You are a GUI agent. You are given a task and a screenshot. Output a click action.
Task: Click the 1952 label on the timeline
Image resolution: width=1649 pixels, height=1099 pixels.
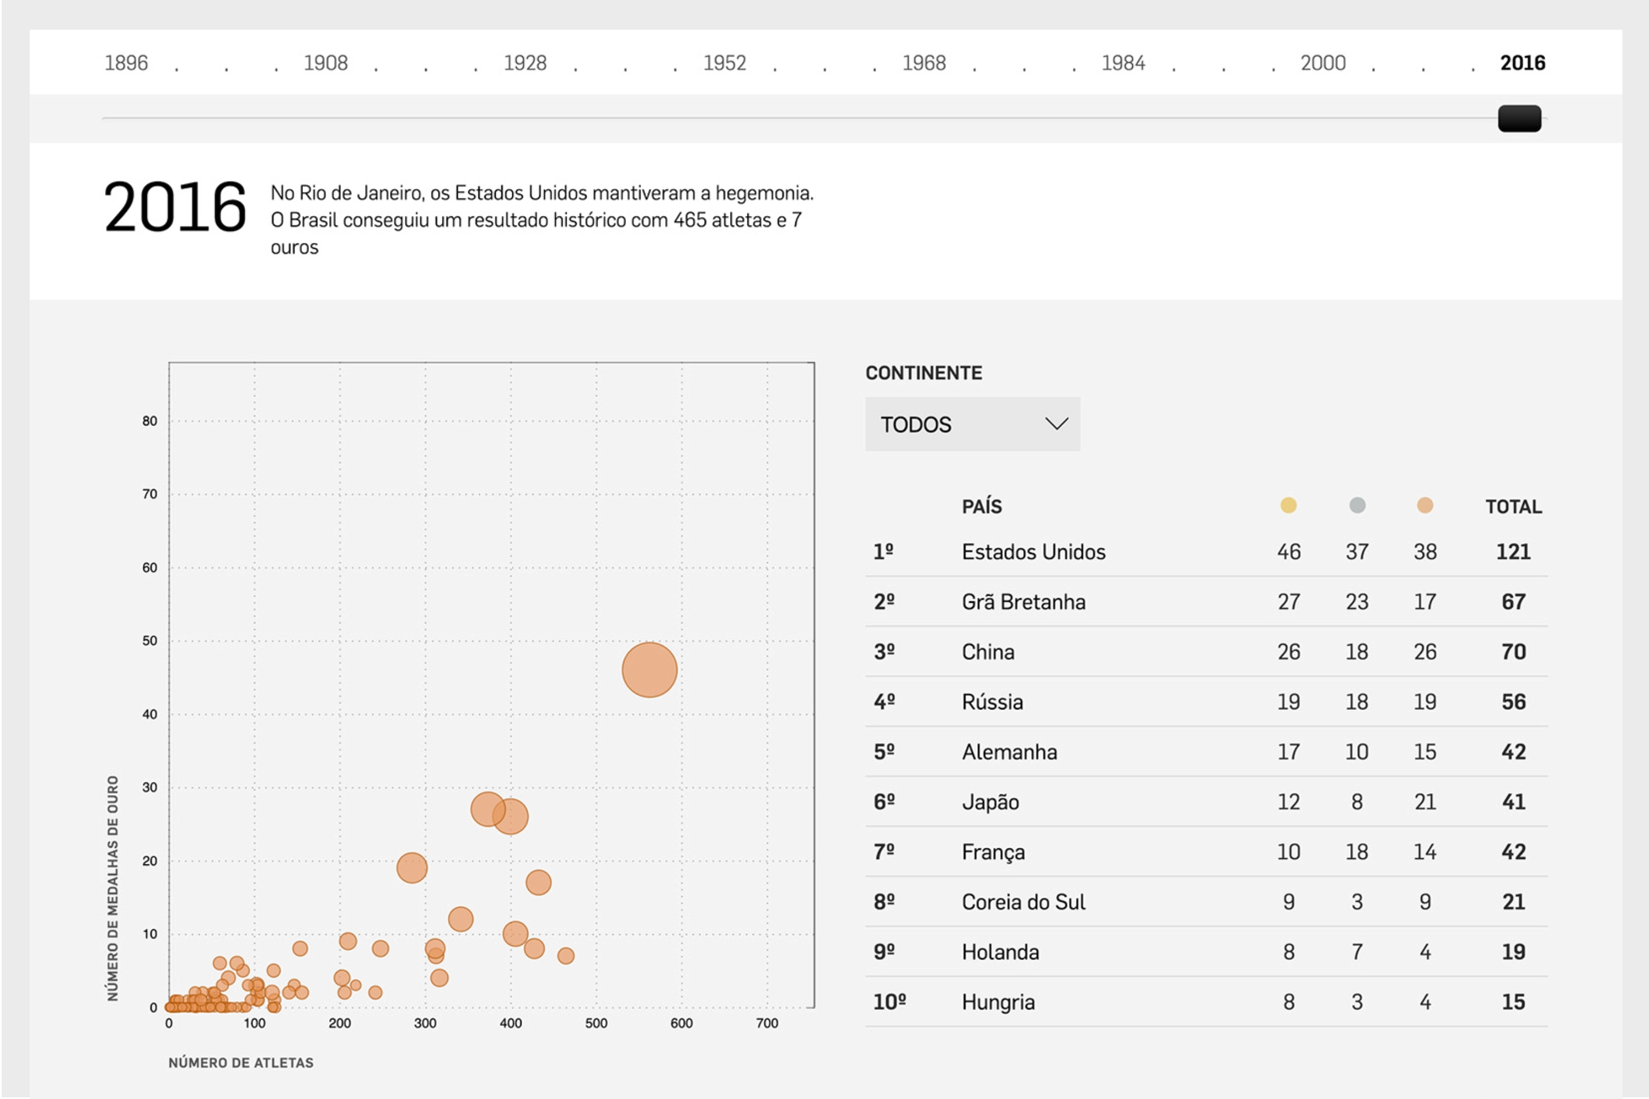[724, 63]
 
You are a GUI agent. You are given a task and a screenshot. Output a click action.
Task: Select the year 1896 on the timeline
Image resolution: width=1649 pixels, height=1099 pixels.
[126, 63]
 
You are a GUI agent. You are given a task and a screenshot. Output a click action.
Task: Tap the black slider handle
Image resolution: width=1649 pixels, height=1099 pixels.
[1519, 119]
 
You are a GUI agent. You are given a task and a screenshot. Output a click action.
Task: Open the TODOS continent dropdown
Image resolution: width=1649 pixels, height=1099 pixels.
[972, 424]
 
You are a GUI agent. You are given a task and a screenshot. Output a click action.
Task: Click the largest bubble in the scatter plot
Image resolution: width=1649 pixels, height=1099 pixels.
[649, 670]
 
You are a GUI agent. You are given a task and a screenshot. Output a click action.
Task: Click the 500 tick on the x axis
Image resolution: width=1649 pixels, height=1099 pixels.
[596, 1023]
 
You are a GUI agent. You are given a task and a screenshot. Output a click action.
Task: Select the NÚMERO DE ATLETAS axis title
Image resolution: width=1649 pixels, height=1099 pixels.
[241, 1063]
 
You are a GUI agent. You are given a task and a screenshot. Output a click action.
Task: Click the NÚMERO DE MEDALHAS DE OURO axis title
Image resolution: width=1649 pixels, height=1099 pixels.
[113, 888]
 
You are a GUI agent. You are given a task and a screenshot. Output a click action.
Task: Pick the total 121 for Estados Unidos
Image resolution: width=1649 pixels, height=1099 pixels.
[1513, 552]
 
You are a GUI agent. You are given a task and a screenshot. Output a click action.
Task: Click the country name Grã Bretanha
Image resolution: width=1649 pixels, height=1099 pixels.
[1023, 602]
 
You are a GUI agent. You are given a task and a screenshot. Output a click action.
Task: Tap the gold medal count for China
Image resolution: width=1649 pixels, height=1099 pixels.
[1288, 652]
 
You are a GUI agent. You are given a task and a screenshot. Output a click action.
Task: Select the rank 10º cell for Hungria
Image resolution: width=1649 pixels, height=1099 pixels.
[889, 1002]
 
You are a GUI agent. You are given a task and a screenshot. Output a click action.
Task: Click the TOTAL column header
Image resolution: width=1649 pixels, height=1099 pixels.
[1513, 507]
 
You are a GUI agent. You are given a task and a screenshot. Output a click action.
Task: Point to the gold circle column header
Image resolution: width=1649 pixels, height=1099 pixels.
[1288, 506]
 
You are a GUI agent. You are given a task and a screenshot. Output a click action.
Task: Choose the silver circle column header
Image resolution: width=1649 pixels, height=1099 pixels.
[1357, 506]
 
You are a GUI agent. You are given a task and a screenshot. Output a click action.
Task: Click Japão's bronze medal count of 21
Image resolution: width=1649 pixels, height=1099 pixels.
[1425, 802]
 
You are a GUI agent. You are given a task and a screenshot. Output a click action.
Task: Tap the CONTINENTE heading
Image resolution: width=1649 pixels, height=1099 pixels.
[923, 373]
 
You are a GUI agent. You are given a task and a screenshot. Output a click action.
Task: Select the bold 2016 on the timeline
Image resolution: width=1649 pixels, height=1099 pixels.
[1522, 63]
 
